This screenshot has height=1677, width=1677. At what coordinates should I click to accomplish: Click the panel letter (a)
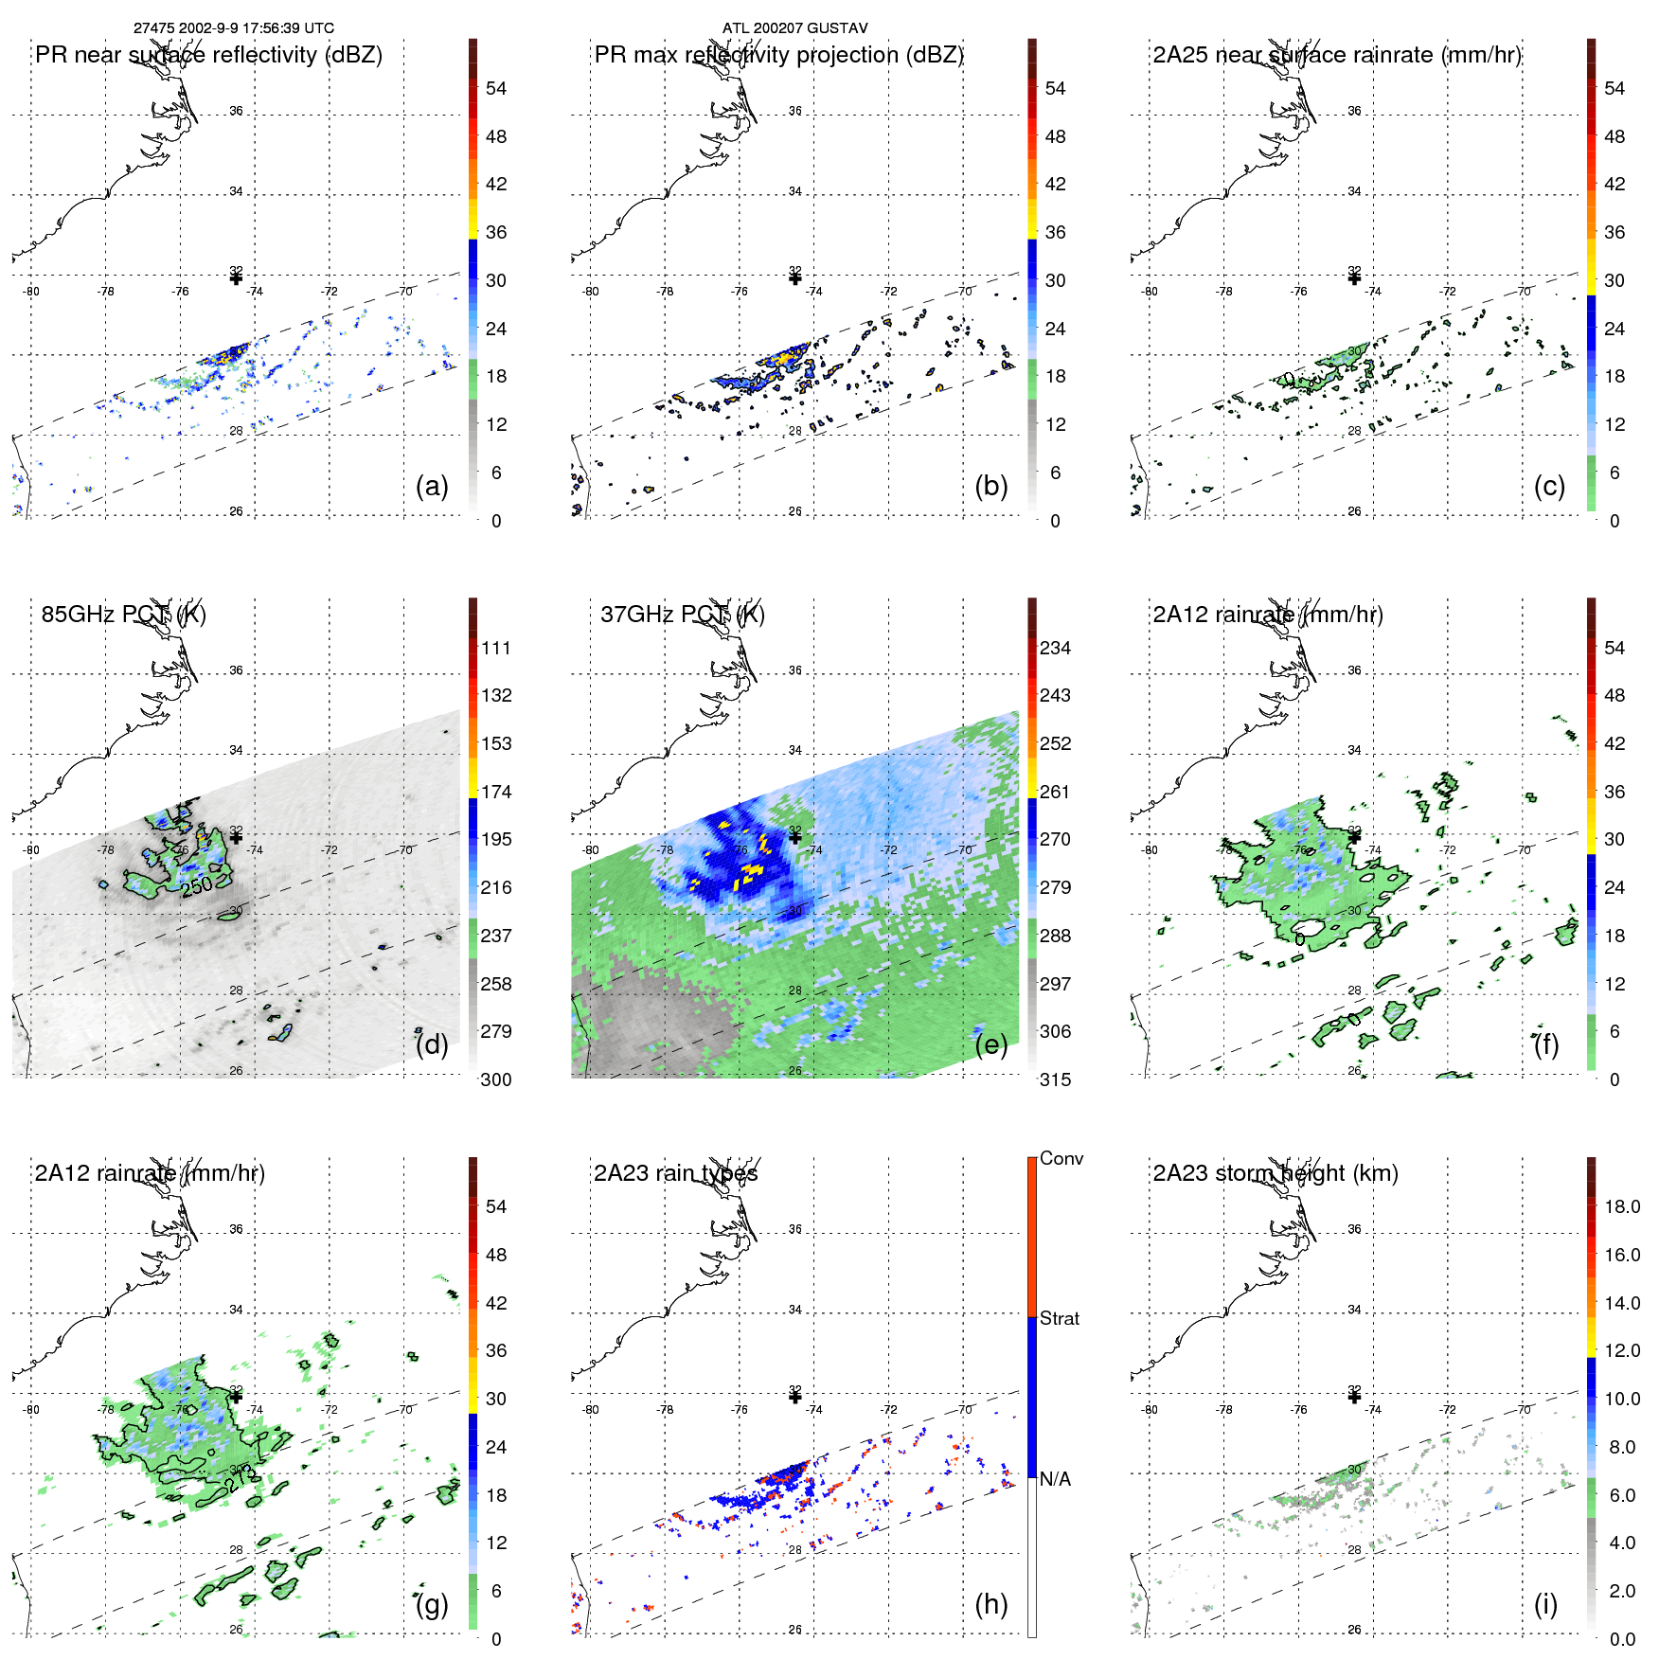[432, 487]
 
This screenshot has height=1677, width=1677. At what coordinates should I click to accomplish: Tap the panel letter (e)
[990, 1045]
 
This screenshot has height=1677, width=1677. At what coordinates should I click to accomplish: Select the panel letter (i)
[1545, 1605]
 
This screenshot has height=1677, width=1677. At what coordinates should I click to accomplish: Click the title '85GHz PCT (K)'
[123, 615]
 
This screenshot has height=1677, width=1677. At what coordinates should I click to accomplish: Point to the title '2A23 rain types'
[675, 1173]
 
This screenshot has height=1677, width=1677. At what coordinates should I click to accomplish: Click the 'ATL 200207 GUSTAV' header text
[794, 28]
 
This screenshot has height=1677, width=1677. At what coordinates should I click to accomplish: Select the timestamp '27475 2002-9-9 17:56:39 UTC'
[233, 28]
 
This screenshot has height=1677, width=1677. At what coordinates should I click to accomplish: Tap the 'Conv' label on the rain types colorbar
[1061, 1158]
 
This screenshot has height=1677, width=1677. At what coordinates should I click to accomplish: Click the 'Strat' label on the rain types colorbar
[1059, 1318]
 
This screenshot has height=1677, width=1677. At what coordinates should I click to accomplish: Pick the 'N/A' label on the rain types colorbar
[1055, 1479]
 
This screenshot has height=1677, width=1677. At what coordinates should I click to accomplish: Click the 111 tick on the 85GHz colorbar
[495, 648]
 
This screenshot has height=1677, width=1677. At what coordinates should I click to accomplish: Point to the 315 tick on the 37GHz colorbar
[1055, 1079]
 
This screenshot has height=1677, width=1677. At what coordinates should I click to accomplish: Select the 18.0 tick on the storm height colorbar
[1621, 1206]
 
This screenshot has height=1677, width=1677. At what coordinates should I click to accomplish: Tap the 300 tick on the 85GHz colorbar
[495, 1079]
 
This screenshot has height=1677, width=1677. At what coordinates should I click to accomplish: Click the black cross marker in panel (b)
[794, 278]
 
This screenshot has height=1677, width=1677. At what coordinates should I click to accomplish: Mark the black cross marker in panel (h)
[794, 1397]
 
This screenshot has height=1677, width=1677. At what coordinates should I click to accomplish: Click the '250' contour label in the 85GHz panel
[197, 887]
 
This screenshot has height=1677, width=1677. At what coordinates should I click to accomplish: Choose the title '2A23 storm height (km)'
[1275, 1173]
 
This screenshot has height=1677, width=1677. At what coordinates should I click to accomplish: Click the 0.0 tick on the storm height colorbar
[1621, 1639]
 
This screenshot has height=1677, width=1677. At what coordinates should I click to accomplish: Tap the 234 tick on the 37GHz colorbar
[1055, 648]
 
